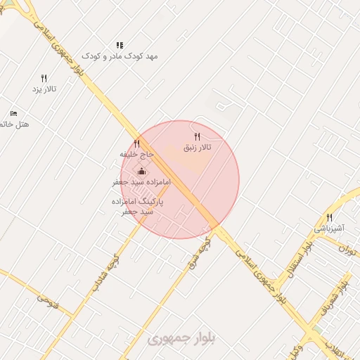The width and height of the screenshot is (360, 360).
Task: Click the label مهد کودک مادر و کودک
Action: [119, 56]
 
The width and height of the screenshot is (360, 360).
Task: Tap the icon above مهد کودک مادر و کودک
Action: [120, 45]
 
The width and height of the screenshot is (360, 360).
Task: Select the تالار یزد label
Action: [44, 89]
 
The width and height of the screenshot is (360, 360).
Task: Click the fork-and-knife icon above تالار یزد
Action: [44, 78]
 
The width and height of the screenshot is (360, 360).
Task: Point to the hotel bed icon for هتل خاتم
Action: [13, 113]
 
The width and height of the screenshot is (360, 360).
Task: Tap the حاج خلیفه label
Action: [136, 153]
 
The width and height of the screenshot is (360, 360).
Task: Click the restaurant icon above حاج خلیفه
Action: [136, 143]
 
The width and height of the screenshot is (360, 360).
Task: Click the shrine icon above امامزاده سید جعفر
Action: [141, 171]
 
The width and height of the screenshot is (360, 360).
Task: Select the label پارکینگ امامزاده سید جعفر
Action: [137, 206]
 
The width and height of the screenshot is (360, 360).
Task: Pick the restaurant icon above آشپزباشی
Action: [329, 217]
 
